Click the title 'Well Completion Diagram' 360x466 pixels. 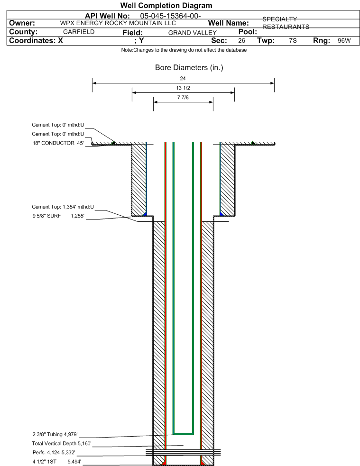click(x=166, y=5)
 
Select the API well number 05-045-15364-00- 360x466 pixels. click(x=171, y=16)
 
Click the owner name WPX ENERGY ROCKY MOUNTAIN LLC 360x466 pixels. click(x=118, y=23)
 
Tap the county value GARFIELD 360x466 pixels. click(x=79, y=32)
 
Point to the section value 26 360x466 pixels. click(x=241, y=41)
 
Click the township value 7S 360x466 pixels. click(x=293, y=41)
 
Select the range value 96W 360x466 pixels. click(x=344, y=41)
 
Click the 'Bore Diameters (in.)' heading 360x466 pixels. click(x=189, y=68)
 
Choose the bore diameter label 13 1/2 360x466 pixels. click(x=183, y=88)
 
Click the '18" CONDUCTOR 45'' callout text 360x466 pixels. click(x=58, y=143)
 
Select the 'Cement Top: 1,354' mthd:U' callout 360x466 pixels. click(x=63, y=207)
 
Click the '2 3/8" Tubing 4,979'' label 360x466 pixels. click(x=55, y=434)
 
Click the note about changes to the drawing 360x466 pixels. click(x=184, y=50)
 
